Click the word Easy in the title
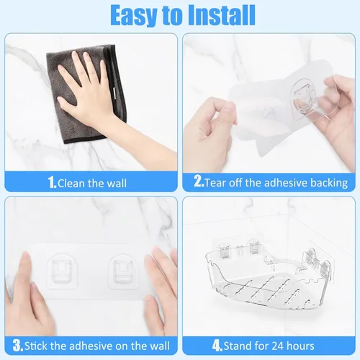click(x=134, y=16)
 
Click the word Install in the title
click(x=221, y=15)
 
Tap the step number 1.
click(x=52, y=183)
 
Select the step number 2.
click(x=199, y=181)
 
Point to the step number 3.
click(x=18, y=346)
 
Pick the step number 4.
click(x=217, y=346)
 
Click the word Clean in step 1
click(x=71, y=184)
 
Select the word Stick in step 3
click(x=36, y=346)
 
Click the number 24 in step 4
click(x=277, y=346)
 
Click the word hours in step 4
click(x=300, y=346)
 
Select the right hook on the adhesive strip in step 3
click(x=123, y=271)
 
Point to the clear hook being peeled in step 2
click(x=304, y=98)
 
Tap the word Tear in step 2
click(x=215, y=183)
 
